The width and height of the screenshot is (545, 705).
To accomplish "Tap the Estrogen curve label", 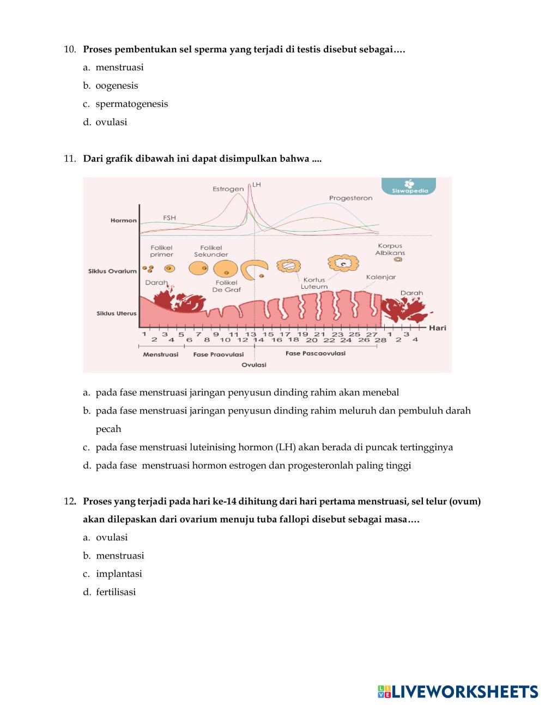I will tap(228, 189).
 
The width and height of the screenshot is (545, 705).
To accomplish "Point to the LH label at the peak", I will tap(257, 185).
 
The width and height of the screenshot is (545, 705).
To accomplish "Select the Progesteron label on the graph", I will tap(350, 198).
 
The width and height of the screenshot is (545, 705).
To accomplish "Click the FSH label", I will tap(169, 218).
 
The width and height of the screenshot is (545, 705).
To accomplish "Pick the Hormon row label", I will tap(123, 221).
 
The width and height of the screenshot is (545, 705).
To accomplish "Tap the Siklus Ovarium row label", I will tap(112, 271).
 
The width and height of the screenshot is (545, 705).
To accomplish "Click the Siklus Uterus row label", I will tap(116, 313).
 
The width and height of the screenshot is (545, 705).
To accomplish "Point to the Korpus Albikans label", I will tap(390, 249).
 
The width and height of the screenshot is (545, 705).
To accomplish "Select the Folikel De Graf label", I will tap(226, 286).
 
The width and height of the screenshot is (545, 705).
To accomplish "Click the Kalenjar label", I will tap(380, 277).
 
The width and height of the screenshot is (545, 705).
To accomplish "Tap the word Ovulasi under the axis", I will tap(254, 365).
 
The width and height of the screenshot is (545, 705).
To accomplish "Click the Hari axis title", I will tap(438, 328).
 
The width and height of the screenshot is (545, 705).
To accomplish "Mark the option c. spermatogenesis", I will tap(131, 104).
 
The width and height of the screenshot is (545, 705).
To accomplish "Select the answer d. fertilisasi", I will tap(116, 592).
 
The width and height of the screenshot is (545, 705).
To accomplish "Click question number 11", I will tap(69, 159).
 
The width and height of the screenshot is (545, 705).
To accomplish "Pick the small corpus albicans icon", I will tap(398, 259).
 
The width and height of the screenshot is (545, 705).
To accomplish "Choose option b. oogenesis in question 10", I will tap(117, 86).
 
